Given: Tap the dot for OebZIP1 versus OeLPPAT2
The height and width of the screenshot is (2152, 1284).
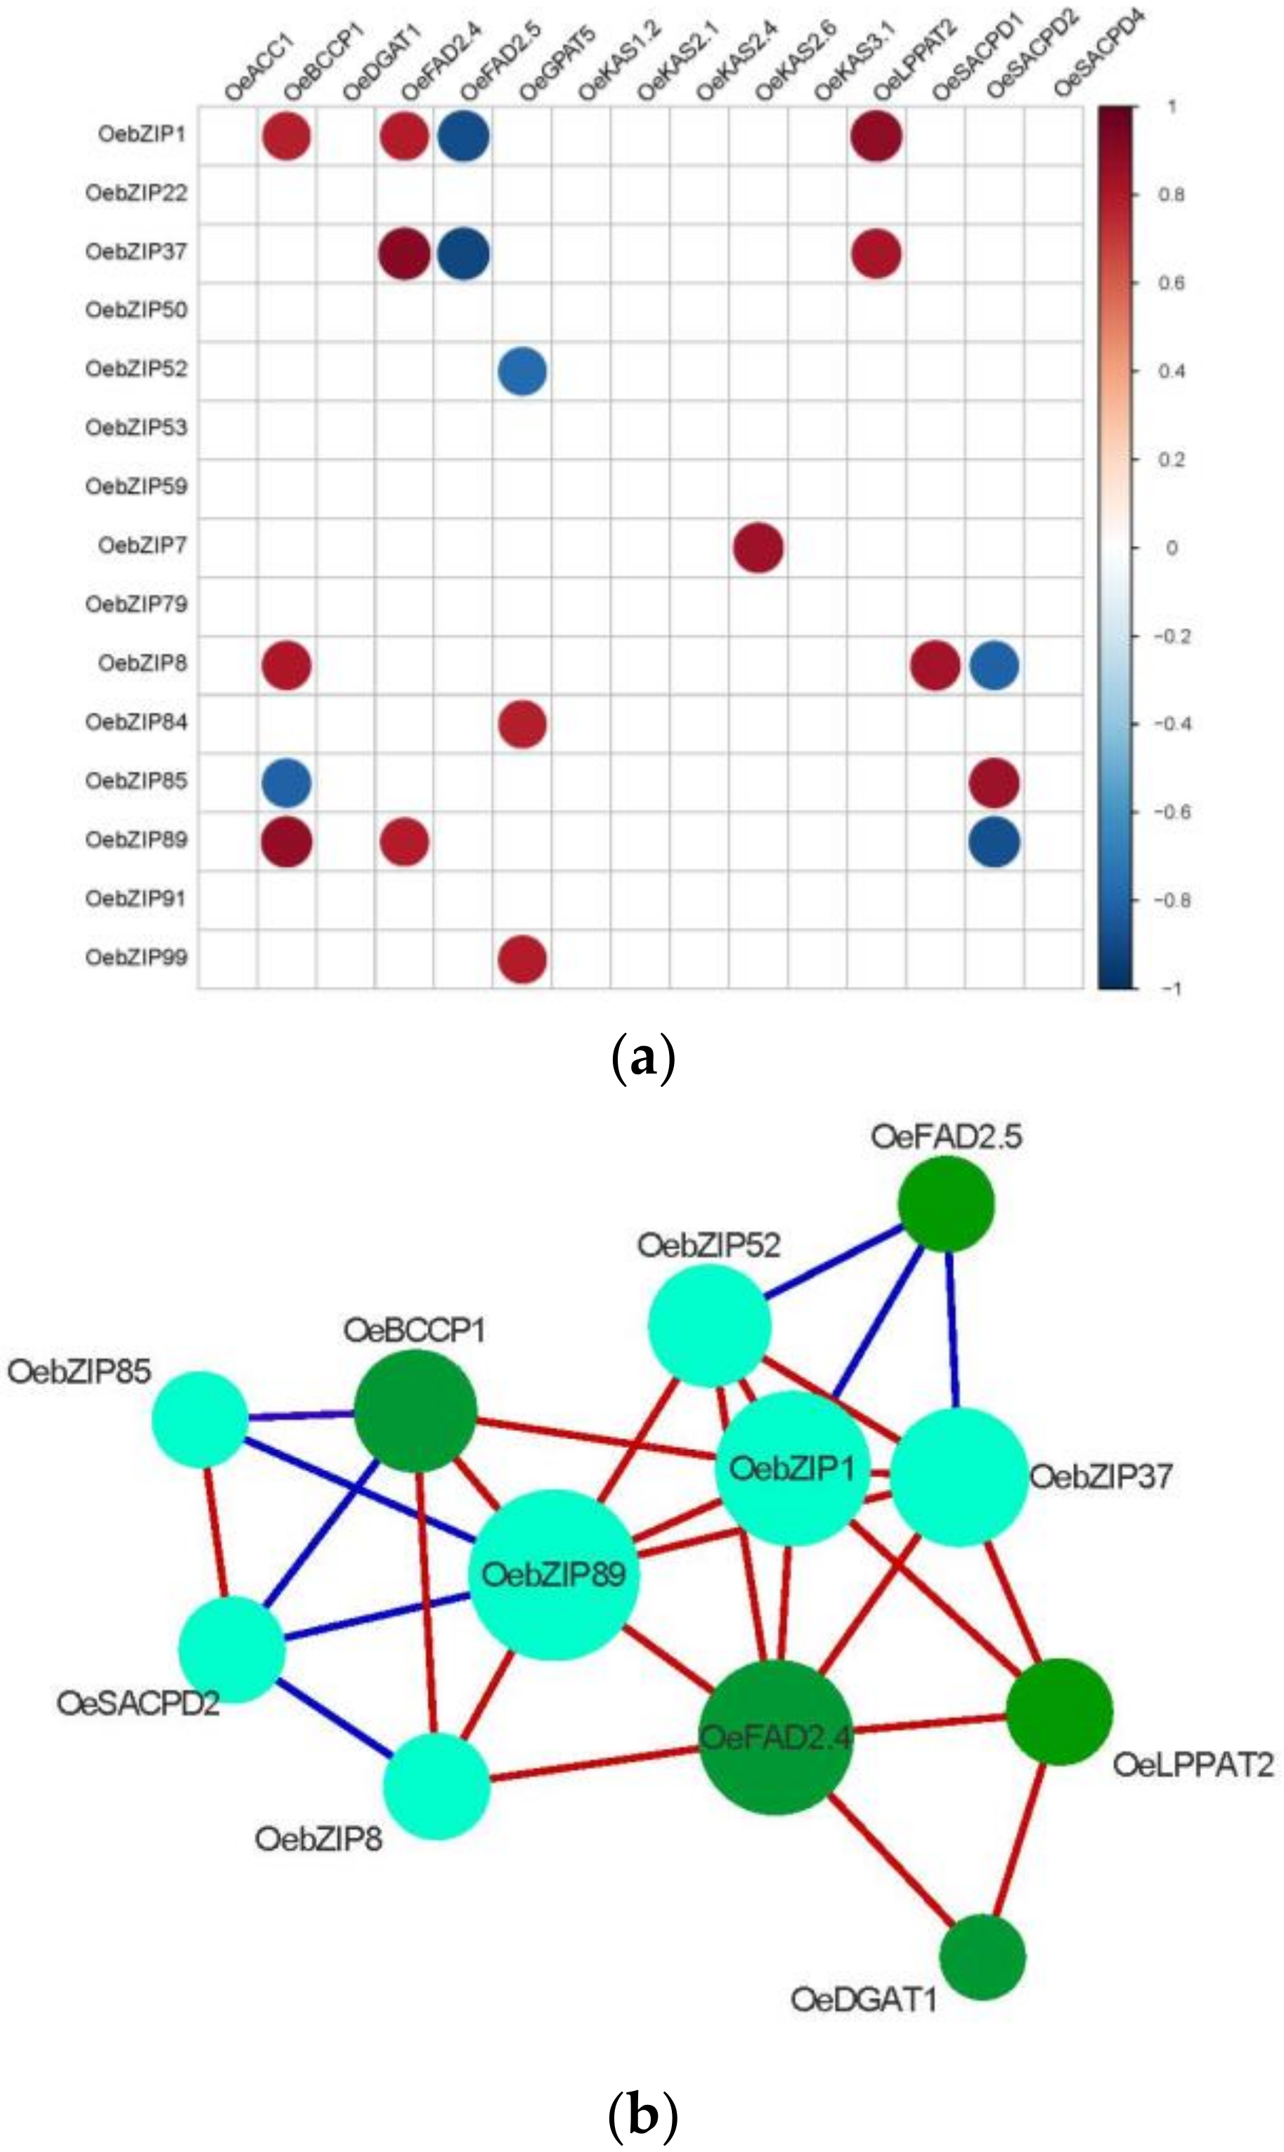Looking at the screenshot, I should (876, 136).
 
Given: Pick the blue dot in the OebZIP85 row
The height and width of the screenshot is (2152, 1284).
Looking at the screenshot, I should (287, 783).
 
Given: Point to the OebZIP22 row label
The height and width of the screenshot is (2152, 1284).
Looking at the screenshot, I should (136, 192).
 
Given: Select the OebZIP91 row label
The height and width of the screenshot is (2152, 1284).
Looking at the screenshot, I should (136, 899).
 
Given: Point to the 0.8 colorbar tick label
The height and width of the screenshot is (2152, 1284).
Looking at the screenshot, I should (1171, 195).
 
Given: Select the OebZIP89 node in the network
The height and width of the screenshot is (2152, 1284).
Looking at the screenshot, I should (554, 1574).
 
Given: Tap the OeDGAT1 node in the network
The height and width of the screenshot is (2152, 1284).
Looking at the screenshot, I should (982, 1957).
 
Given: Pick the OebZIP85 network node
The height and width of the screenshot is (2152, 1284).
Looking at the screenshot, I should (200, 1419).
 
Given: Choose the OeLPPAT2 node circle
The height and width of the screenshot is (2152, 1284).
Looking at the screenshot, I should (1059, 1711).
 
